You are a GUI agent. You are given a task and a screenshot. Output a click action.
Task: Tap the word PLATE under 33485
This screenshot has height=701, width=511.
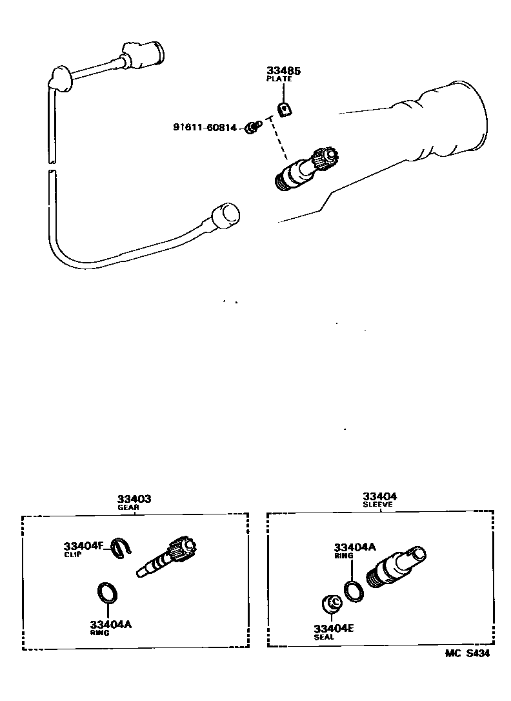click(x=279, y=79)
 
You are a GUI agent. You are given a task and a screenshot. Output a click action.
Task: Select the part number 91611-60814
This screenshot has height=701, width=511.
click(x=205, y=127)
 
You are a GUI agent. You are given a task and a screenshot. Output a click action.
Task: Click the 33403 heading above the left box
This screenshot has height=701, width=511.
click(x=134, y=498)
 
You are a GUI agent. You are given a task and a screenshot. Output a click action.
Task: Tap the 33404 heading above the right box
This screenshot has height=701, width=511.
click(x=379, y=496)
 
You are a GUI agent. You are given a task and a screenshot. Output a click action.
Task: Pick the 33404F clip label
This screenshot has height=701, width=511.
click(x=83, y=545)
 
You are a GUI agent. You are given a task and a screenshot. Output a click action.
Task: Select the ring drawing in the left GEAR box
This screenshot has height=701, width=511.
click(x=106, y=591)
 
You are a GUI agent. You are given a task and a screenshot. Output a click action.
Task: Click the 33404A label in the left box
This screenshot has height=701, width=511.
click(x=110, y=624)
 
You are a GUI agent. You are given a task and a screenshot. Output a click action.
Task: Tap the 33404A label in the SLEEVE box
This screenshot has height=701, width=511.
click(x=354, y=547)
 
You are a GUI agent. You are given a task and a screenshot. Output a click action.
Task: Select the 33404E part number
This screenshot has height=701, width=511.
click(x=334, y=628)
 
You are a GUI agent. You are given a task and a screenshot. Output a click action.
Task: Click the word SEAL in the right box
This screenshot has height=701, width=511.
click(x=324, y=637)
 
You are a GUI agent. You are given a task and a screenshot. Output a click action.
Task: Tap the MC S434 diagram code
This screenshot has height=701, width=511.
click(x=467, y=654)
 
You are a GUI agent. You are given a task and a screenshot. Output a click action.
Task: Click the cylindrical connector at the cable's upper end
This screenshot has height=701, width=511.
click(x=149, y=51)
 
